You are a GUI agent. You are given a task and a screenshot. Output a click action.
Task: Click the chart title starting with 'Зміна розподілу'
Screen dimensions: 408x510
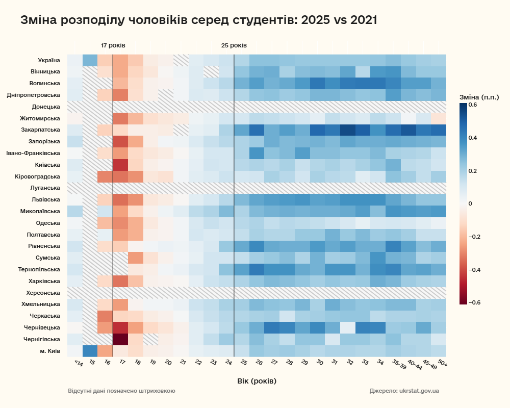(x=198, y=20)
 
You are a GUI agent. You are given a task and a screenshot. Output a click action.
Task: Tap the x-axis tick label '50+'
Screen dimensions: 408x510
(x=442, y=364)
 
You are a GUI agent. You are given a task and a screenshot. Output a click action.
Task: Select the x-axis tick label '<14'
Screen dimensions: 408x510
(x=78, y=364)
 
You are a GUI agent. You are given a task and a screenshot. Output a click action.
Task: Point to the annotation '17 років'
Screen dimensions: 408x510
(x=113, y=45)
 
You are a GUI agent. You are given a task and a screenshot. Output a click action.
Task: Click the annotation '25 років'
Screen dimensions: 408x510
(x=234, y=45)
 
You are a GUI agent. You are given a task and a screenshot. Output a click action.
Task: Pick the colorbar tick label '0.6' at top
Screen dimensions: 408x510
(x=472, y=105)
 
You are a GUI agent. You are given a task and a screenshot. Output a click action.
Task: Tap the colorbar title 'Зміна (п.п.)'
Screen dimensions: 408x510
(x=479, y=97)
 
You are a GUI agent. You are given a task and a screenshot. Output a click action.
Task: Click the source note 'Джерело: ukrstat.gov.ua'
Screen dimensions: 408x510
(x=404, y=391)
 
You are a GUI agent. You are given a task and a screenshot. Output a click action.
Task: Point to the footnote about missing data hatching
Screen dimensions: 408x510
(x=121, y=391)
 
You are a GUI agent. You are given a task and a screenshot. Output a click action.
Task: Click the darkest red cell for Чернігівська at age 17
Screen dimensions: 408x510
(x=120, y=339)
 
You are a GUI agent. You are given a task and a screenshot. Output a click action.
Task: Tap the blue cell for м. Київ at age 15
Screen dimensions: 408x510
(x=90, y=351)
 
